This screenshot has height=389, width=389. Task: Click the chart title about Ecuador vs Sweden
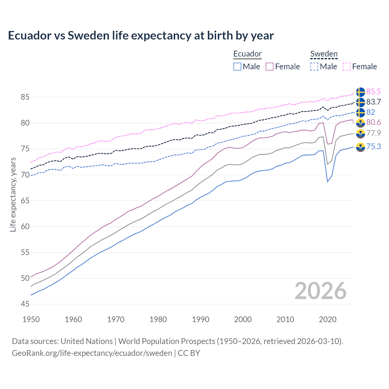tap(141, 36)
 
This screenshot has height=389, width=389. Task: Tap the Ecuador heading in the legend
tap(247, 54)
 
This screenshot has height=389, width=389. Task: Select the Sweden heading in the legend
tap(324, 54)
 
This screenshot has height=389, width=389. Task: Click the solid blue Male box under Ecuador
tap(237, 67)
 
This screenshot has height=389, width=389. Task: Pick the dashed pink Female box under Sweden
tap(347, 67)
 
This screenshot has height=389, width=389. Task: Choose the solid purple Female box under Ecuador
tap(270, 67)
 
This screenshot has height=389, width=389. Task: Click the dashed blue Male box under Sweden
tap(314, 67)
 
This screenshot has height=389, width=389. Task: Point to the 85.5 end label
tap(374, 91)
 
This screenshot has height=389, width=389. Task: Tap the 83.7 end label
tap(374, 102)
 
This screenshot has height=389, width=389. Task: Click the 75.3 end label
tap(374, 147)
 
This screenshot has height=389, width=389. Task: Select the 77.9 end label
tap(374, 133)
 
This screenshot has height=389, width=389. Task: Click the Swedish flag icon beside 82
tap(360, 112)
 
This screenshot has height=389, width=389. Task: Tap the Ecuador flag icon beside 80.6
tap(360, 123)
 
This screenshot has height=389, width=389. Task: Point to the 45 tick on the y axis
tap(25, 304)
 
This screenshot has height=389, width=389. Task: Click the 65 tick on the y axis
tap(25, 201)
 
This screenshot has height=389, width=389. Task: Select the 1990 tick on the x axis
tap(201, 319)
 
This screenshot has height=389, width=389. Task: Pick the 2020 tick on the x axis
tap(328, 319)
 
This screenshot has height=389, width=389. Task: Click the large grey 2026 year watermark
tap(320, 291)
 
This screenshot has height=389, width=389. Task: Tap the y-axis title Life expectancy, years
tap(13, 194)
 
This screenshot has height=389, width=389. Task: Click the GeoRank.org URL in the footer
tap(92, 353)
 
